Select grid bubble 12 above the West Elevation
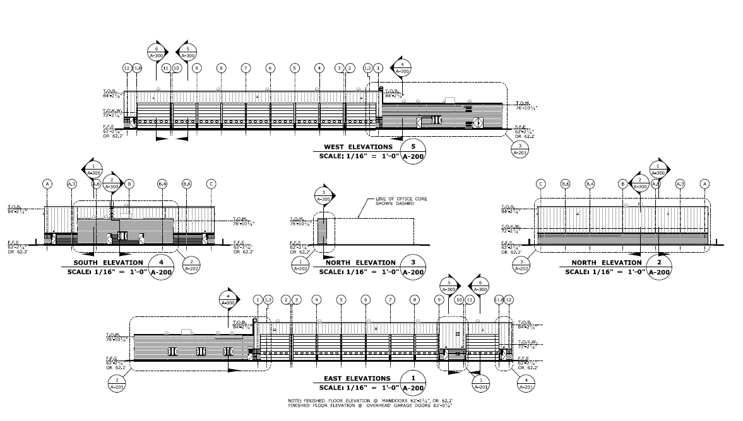click(x=127, y=67)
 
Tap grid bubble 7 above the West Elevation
click(x=245, y=67)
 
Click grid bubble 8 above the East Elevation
click(x=414, y=299)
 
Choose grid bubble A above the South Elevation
click(x=47, y=183)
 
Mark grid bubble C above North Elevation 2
click(x=541, y=183)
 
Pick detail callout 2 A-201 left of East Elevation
click(x=117, y=384)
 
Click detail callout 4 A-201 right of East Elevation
click(x=522, y=384)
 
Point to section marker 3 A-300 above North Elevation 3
click(x=323, y=196)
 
